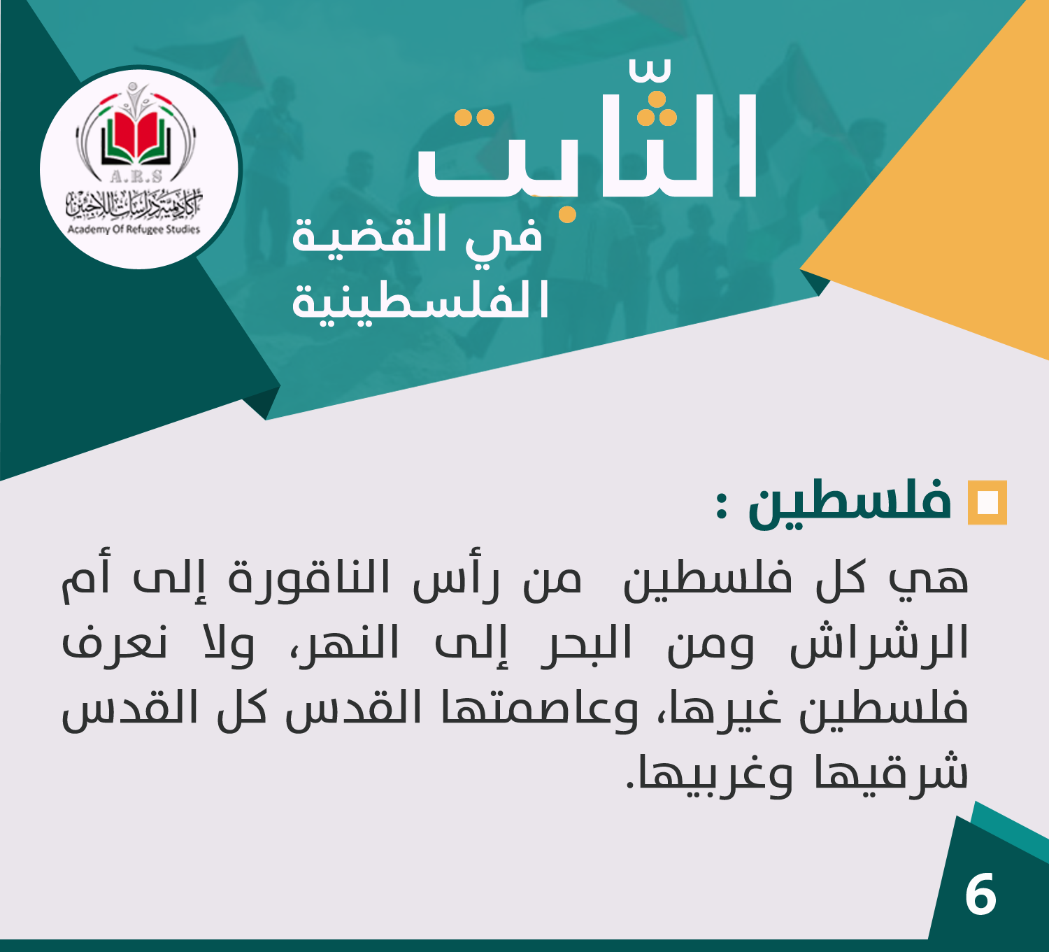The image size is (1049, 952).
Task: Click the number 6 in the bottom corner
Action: tap(980, 894)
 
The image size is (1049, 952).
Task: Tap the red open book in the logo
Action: tap(136, 136)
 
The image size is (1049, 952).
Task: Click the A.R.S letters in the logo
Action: tap(136, 176)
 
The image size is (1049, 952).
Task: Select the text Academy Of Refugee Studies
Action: tap(134, 229)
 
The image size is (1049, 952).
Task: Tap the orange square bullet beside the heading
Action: tap(987, 502)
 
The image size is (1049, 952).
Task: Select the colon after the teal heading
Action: tap(722, 506)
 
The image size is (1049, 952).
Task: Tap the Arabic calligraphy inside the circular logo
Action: tap(134, 204)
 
